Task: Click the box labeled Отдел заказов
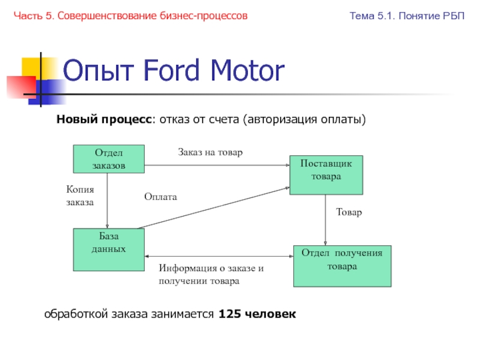click(109, 159)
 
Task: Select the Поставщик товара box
click(326, 175)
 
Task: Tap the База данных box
click(109, 250)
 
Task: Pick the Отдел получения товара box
click(342, 266)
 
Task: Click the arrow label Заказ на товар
click(211, 152)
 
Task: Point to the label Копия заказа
click(80, 196)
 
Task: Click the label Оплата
click(161, 197)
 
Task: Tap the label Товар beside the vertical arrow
click(349, 212)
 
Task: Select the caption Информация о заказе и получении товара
click(211, 274)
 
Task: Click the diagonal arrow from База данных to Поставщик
click(214, 208)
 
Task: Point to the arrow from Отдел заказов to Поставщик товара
click(217, 166)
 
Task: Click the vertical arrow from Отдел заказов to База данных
click(107, 201)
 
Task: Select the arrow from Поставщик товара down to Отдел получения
click(325, 220)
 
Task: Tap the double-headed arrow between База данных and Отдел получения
click(219, 256)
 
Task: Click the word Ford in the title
click(172, 70)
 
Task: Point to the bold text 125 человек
click(257, 314)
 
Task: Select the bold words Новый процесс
click(104, 119)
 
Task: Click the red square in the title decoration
click(22, 87)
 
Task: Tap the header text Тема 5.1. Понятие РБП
click(407, 16)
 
